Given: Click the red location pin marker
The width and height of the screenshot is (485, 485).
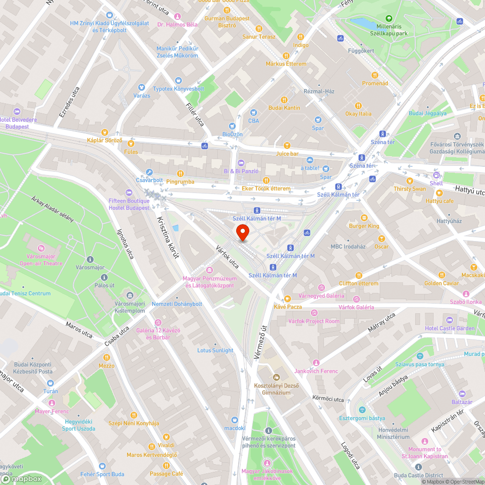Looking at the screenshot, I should point(242,233).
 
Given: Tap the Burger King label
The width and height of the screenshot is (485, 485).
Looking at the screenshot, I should point(364,226).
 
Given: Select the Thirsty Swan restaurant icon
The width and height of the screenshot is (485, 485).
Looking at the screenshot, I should point(410,180).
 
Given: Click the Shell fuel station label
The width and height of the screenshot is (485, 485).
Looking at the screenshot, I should point(436,183).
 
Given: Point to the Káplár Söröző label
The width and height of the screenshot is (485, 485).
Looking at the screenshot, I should point(104,141).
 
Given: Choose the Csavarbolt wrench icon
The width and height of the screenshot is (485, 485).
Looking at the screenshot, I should point(149,172).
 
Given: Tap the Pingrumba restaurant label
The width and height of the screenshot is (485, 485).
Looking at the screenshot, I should point(180,182).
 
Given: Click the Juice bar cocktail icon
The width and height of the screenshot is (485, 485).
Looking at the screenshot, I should point(287,145).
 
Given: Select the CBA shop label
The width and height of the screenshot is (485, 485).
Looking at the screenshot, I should point(253,120).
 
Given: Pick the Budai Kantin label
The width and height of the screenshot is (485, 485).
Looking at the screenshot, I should point(284,108).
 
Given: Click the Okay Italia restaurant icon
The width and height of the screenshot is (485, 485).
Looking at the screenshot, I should point(358,105).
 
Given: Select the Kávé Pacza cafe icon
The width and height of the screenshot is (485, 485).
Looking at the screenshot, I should point(287,299).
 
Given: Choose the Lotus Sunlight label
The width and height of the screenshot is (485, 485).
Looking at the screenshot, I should point(215,350).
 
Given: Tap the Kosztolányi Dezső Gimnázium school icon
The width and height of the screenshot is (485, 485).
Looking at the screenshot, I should point(276,377).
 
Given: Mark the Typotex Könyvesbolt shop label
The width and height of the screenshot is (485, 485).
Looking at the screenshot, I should point(178,89).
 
